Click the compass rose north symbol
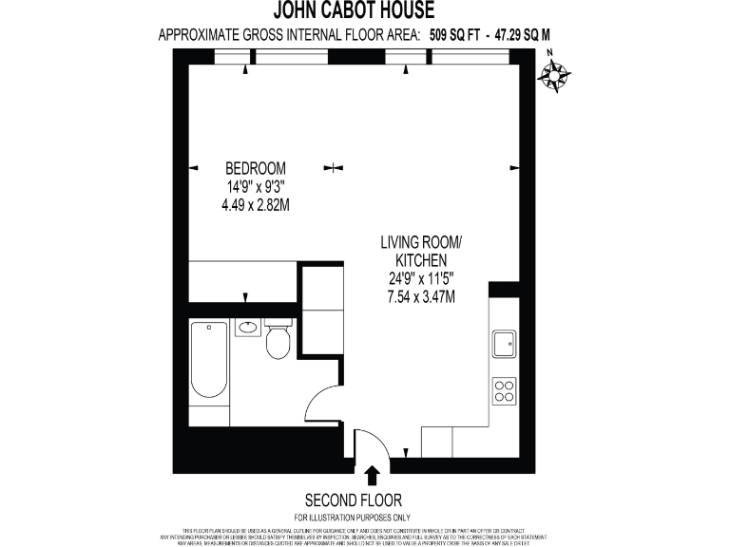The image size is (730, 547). coord(554,75)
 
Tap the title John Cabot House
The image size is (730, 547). coord(354,11)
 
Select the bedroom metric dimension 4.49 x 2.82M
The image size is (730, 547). coord(255,204)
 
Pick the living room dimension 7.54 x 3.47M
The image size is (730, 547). coord(420,296)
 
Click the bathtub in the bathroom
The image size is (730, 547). coord(209,361)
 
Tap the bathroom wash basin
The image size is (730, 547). coord(247,329)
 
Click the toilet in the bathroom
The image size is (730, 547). coord(278,341)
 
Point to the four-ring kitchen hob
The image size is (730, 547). coord(504,390)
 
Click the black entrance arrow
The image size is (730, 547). coord(372,472)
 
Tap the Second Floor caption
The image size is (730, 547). coord(353,500)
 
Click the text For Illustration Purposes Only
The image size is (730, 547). coord(353,516)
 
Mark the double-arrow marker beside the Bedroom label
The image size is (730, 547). coord(333,168)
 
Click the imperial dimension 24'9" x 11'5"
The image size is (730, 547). coord(420,279)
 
